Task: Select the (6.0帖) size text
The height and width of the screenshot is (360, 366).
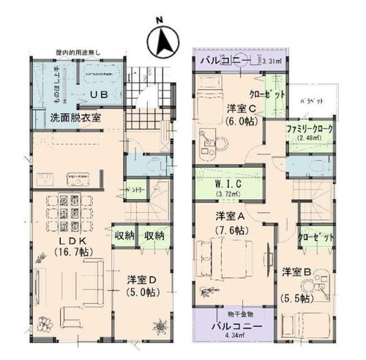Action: pos(240,122)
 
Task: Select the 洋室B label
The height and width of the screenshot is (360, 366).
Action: pos(299,272)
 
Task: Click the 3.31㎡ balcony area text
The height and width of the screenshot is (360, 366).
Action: pos(272,61)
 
